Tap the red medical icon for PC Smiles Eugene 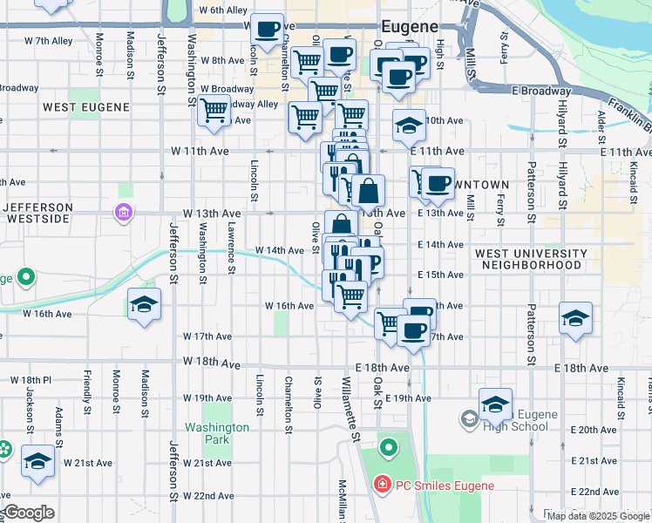coord(381,485)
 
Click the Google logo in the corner coord(28,513)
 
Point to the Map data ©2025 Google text coord(598,516)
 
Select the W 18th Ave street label coord(210,362)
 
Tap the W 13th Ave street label coord(211,213)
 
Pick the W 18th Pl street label coord(31,381)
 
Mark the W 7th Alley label coord(48,41)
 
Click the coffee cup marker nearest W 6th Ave coord(266,29)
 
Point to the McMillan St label coord(343,499)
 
